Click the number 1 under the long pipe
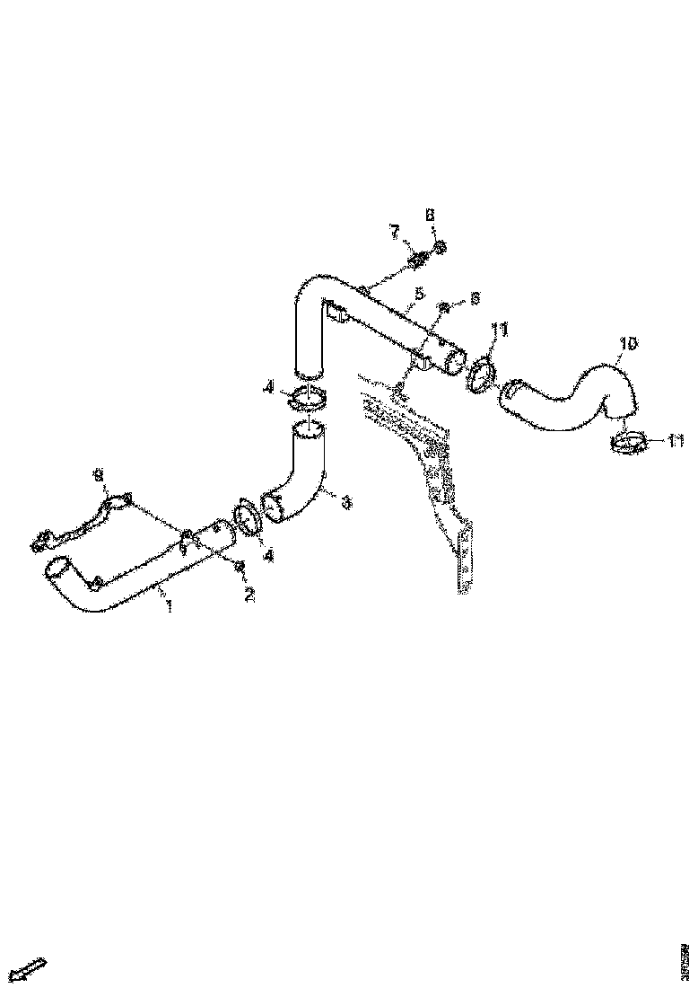pos(168,608)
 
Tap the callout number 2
pos(250,595)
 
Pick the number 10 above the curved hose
pos(627,343)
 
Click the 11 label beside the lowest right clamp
pos(676,441)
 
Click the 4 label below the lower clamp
pos(268,556)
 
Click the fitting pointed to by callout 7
pos(416,261)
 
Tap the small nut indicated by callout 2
pos(240,566)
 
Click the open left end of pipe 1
pos(57,569)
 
